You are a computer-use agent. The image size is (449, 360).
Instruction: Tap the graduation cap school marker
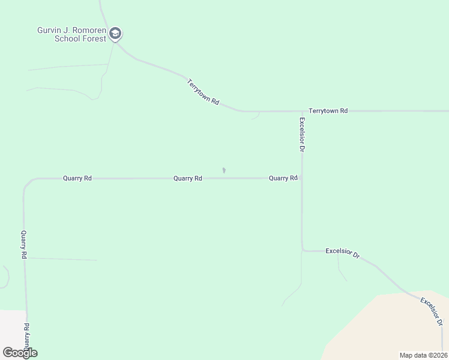click(116, 34)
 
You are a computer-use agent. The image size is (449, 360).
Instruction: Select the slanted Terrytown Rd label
click(202, 92)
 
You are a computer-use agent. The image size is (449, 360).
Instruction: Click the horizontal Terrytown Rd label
click(328, 111)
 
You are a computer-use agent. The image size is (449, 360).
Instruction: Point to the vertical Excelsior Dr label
click(303, 134)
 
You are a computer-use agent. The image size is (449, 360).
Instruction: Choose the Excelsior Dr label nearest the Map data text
click(432, 311)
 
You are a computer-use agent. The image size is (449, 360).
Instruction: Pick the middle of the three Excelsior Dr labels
click(342, 253)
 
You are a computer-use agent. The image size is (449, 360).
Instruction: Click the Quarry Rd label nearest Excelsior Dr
click(283, 178)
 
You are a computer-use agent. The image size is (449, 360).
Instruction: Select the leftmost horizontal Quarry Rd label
click(77, 178)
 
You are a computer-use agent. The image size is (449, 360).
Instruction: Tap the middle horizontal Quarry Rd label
click(187, 178)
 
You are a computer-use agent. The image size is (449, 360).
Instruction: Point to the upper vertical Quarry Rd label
click(24, 245)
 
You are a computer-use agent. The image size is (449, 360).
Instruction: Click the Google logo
click(20, 353)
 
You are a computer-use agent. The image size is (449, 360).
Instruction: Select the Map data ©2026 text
click(423, 355)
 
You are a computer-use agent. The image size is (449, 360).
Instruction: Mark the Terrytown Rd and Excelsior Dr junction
click(302, 112)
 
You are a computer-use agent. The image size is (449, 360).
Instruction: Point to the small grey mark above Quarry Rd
click(224, 171)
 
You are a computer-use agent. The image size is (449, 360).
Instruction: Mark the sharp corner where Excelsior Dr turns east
click(303, 250)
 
